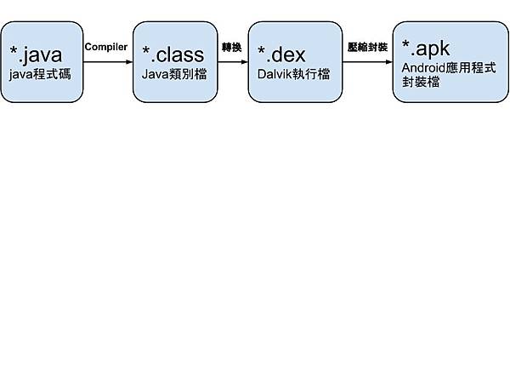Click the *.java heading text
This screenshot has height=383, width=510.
click(36, 55)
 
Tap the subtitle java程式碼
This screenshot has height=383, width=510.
click(40, 75)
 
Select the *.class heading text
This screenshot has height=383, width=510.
click(173, 55)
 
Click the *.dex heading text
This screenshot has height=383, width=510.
click(280, 55)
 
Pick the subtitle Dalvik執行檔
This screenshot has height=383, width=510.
click(293, 75)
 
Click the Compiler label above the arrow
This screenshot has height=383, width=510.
click(106, 47)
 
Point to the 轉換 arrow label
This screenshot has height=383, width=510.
click(231, 47)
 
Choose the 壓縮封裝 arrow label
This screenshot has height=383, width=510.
click(367, 47)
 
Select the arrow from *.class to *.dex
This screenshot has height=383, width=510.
click(231, 61)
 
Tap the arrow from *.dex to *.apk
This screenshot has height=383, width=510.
click(365, 61)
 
